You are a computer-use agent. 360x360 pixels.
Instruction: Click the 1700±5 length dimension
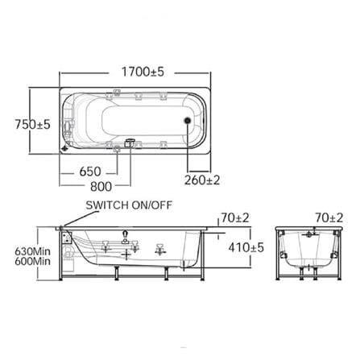tap(143, 72)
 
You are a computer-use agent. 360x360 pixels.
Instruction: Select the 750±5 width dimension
tap(32, 124)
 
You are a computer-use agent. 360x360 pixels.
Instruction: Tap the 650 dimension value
tap(90, 172)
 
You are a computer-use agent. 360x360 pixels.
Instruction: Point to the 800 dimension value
tap(101, 186)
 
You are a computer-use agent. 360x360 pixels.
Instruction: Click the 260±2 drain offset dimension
tap(202, 180)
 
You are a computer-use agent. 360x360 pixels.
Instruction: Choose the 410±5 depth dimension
tap(246, 247)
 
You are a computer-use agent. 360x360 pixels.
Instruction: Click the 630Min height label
tap(33, 251)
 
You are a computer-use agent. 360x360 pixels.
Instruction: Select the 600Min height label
tap(33, 261)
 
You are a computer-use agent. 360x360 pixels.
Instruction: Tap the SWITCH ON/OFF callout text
tap(129, 205)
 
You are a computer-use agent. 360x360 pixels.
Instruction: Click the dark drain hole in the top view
tap(188, 121)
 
